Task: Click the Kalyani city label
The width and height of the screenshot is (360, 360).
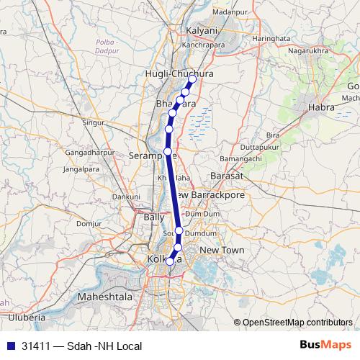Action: tap(202, 31)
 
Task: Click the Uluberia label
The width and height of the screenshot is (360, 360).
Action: tap(26, 316)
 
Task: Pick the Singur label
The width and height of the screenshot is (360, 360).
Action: tap(94, 122)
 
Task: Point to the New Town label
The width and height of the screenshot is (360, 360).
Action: tap(222, 250)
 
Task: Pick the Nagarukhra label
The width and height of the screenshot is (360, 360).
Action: tap(307, 51)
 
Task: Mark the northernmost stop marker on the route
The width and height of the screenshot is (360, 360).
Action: tap(192, 79)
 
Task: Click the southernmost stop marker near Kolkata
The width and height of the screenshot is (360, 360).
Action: tap(170, 262)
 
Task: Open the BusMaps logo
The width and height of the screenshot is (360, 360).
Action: tap(325, 346)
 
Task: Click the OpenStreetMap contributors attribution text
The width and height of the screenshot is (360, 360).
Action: tap(297, 322)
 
